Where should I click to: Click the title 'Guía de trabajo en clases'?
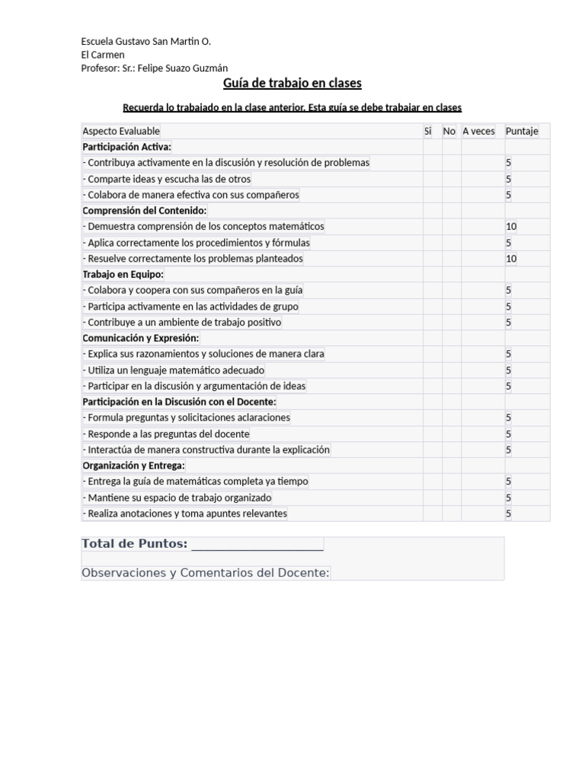(292, 83)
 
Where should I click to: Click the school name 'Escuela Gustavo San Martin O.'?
(146, 41)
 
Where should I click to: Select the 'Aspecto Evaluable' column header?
(122, 131)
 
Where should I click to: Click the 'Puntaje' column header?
(522, 131)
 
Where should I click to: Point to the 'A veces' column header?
(478, 131)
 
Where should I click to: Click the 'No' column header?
(449, 131)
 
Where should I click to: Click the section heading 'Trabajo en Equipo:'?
(123, 274)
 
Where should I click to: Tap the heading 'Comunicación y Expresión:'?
(141, 338)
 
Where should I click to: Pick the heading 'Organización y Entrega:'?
(134, 465)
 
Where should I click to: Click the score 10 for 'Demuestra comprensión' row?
(511, 227)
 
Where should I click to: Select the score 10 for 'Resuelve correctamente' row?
(511, 259)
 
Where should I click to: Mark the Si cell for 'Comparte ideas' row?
(432, 179)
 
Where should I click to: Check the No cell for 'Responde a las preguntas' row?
(450, 434)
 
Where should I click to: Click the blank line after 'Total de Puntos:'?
(257, 544)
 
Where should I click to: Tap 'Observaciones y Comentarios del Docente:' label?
(206, 573)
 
